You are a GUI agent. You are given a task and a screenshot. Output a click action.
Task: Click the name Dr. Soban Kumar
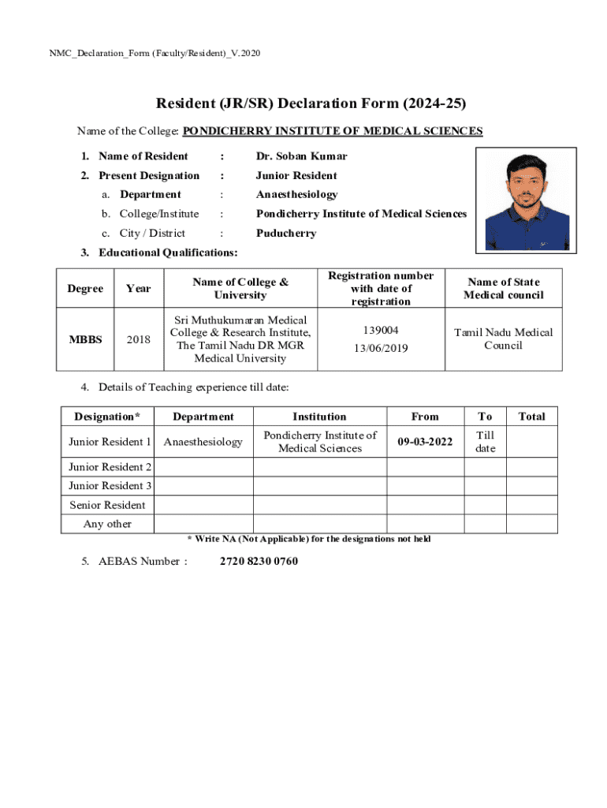click(x=301, y=156)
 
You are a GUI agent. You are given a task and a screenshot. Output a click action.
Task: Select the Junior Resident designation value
click(x=296, y=175)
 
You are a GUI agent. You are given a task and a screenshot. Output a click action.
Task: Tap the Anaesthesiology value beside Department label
click(x=296, y=194)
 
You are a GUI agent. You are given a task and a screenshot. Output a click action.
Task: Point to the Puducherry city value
click(x=286, y=233)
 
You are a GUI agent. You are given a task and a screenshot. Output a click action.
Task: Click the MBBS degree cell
click(x=85, y=339)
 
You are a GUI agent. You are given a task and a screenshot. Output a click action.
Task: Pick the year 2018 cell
click(x=138, y=339)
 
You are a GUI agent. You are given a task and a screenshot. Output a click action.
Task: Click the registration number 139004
click(x=381, y=331)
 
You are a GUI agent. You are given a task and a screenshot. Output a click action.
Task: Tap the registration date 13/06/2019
click(x=381, y=347)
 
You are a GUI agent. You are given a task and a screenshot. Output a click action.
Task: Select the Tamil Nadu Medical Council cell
click(x=503, y=339)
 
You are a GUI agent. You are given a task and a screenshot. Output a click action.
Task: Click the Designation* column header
click(x=107, y=416)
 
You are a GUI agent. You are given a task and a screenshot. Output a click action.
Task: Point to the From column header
click(x=425, y=416)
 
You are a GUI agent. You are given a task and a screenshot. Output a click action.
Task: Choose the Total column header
click(x=531, y=416)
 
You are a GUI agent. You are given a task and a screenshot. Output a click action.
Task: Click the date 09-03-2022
click(x=425, y=442)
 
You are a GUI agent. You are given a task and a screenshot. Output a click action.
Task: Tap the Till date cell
click(x=485, y=442)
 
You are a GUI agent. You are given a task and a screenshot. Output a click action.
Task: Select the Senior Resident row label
click(x=107, y=505)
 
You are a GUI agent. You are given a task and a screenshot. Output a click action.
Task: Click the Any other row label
click(x=107, y=524)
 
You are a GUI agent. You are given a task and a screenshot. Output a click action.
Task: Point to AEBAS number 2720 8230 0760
click(x=259, y=561)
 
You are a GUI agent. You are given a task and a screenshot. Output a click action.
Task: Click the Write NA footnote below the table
click(x=308, y=539)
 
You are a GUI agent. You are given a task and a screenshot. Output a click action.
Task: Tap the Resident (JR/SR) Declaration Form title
click(x=311, y=103)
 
